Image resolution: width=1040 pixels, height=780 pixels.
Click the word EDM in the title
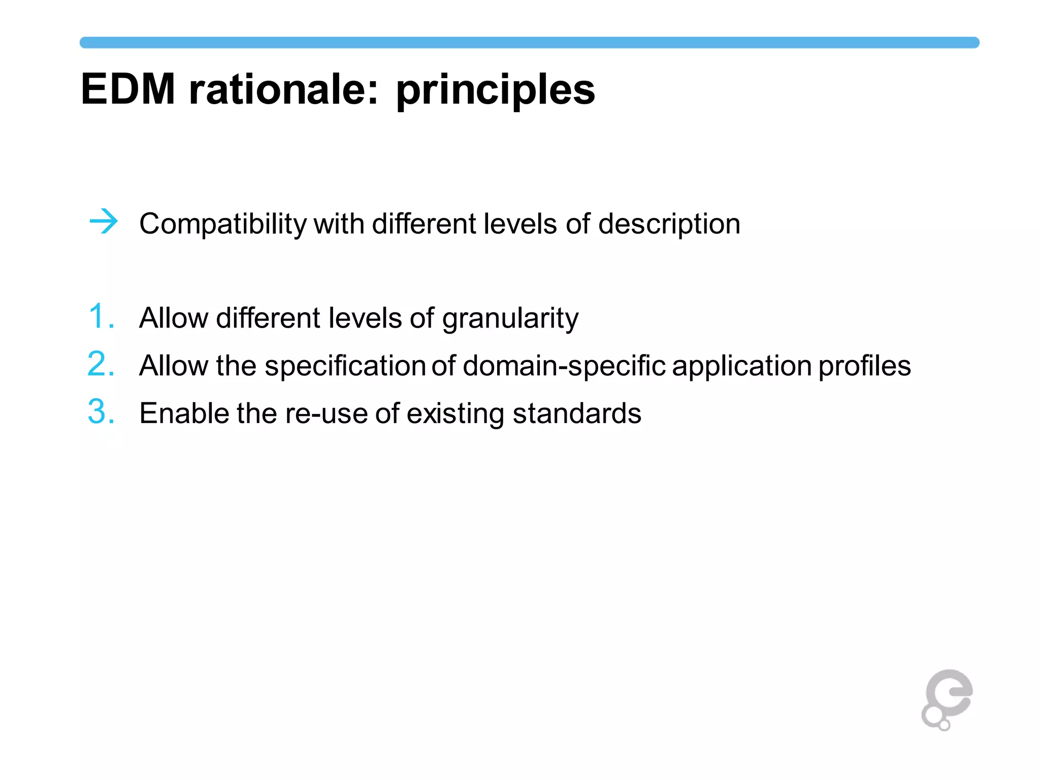coord(128,89)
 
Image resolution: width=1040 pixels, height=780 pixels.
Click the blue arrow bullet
coord(104,221)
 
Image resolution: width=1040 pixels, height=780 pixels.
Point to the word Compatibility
coord(223,224)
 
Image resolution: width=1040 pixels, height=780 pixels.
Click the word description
coord(669,224)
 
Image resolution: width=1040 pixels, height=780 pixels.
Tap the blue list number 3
coord(101,411)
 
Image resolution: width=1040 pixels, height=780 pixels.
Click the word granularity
coord(510,319)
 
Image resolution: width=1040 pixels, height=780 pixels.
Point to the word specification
coord(345,366)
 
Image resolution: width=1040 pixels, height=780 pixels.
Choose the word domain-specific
coord(564,366)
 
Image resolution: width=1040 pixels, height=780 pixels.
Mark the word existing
coord(455,413)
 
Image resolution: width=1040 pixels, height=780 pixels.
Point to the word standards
coord(577,413)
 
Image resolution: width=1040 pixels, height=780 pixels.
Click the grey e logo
coord(947,699)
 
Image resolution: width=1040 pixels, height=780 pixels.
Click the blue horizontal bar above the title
coord(529,43)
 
